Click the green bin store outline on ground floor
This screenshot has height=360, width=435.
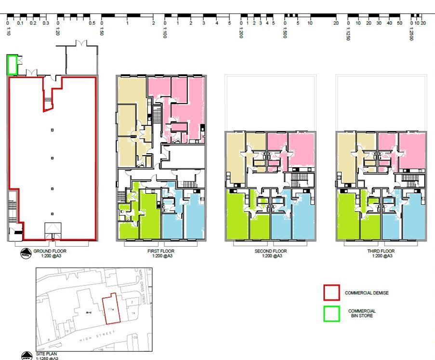tap(12, 65)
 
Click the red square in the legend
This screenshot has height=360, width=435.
tap(331, 293)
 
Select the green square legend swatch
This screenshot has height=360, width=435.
tap(331, 314)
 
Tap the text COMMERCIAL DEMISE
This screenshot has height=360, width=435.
tap(367, 293)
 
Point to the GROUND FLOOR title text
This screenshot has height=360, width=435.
tap(50, 251)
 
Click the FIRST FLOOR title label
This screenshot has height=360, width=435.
tap(161, 251)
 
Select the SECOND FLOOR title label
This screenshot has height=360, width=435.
tap(270, 251)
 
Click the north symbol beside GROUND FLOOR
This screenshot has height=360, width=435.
tap(25, 253)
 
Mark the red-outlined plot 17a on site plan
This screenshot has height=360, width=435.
tap(110, 308)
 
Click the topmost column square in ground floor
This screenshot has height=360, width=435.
tap(53, 130)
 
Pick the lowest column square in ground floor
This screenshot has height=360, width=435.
tap(53, 213)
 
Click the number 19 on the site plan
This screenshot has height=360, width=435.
tap(133, 313)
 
